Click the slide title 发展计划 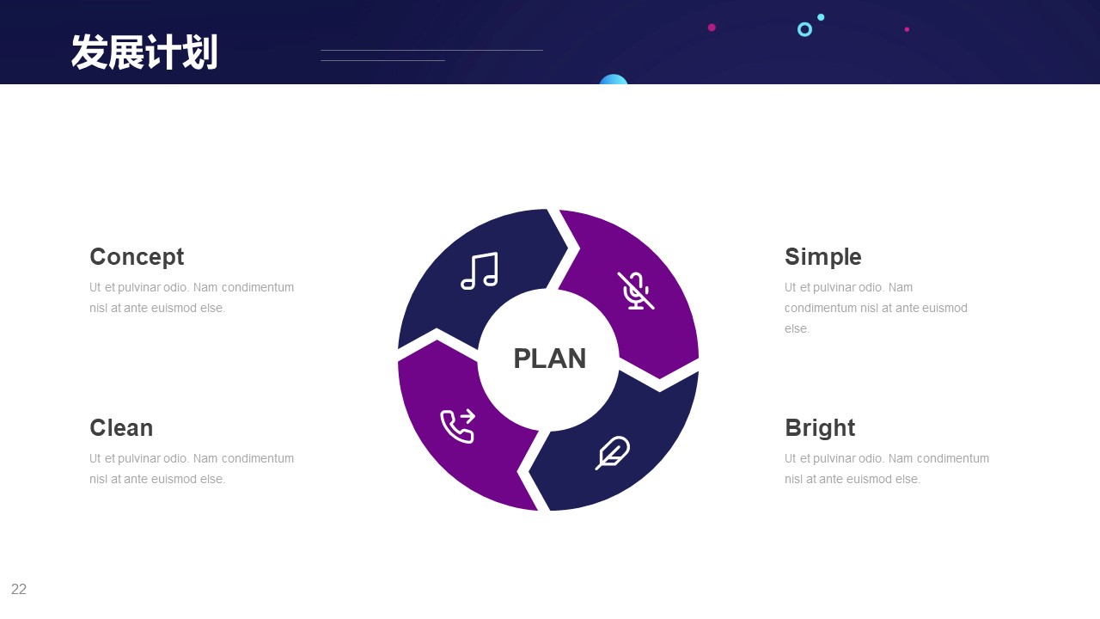(x=144, y=52)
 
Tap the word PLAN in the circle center (x=549, y=359)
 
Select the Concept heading (x=137, y=257)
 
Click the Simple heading (x=822, y=257)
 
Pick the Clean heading (x=121, y=427)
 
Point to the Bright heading (x=820, y=428)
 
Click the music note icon (x=480, y=271)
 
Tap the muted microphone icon (x=636, y=291)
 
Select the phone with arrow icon (x=458, y=426)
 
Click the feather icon (x=613, y=452)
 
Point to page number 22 (x=19, y=589)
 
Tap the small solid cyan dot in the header (x=821, y=17)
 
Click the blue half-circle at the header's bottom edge (x=614, y=80)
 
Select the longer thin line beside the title (x=431, y=50)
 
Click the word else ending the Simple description (x=796, y=328)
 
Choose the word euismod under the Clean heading (x=174, y=479)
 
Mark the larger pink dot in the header (x=712, y=28)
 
